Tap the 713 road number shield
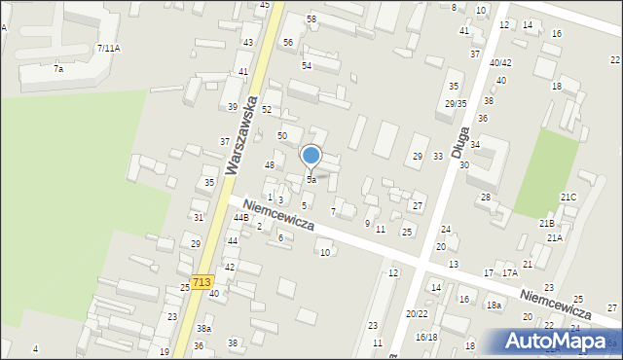click(202, 282)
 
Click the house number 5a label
click(311, 180)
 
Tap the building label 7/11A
click(108, 48)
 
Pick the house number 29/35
click(455, 103)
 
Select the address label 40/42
click(500, 63)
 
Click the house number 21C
click(568, 198)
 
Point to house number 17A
click(509, 273)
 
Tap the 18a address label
click(495, 306)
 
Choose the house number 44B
click(240, 217)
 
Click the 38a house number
click(203, 329)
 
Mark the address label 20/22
click(417, 313)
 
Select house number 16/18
click(426, 337)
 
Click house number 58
click(311, 19)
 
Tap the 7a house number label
click(58, 69)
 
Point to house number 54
click(306, 65)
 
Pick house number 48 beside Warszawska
click(270, 165)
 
